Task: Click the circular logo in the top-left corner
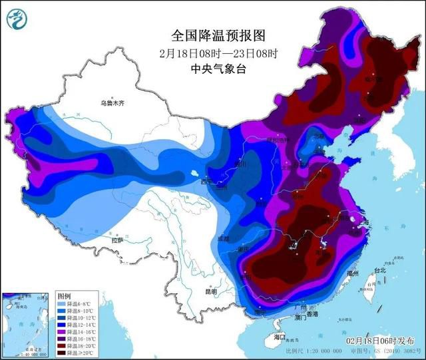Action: click(x=17, y=19)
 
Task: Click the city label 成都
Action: click(x=223, y=238)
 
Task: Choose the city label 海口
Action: click(x=279, y=337)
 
